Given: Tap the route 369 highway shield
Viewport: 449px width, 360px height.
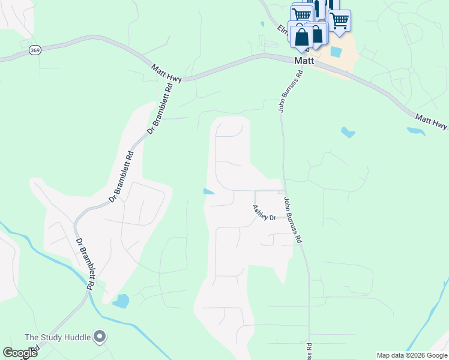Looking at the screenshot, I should coord(35,50).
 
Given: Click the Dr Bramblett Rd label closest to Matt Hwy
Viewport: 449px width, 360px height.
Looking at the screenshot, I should coord(160,108).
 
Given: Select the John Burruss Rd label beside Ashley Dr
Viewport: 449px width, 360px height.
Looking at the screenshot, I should coord(292,220).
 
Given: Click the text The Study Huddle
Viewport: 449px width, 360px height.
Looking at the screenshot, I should coord(58,337).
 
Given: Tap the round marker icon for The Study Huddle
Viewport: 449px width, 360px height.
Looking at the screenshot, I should coord(100,337).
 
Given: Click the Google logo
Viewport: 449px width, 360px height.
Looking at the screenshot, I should coord(20,353).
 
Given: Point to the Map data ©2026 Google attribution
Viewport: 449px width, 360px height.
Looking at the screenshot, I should coord(412,355).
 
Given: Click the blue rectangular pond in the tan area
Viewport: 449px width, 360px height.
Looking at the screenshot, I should coord(336,52).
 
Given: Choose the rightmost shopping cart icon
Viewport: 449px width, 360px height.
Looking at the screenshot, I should coord(340,20).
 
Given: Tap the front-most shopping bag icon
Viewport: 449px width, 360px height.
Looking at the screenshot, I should coord(301,36).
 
